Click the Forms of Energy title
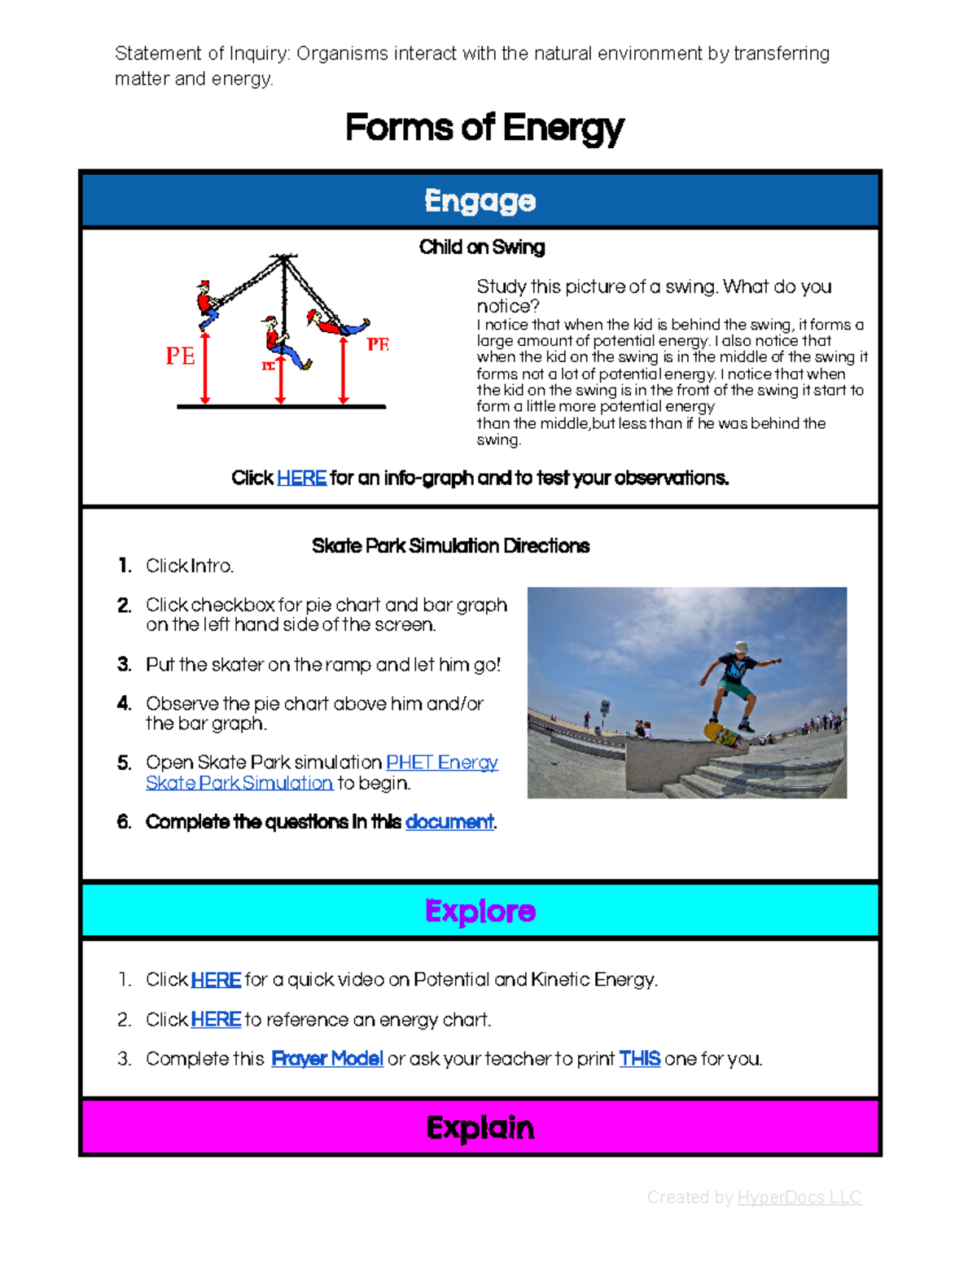(x=484, y=128)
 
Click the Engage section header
(x=480, y=200)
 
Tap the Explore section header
(x=480, y=911)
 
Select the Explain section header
(x=480, y=1127)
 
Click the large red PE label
(x=180, y=356)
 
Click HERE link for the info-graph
(x=301, y=478)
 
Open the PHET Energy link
(x=441, y=763)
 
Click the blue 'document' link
(x=449, y=822)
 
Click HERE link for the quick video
(x=216, y=980)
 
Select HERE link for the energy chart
(x=216, y=1020)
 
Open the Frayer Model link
(x=326, y=1059)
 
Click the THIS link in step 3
(x=639, y=1059)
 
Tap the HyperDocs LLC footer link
(x=799, y=1197)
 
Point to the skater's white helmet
(x=740, y=648)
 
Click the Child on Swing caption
(x=481, y=247)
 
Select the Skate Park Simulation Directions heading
(x=450, y=546)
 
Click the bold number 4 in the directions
(x=124, y=703)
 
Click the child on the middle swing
(x=281, y=342)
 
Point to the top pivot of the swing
(x=283, y=259)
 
